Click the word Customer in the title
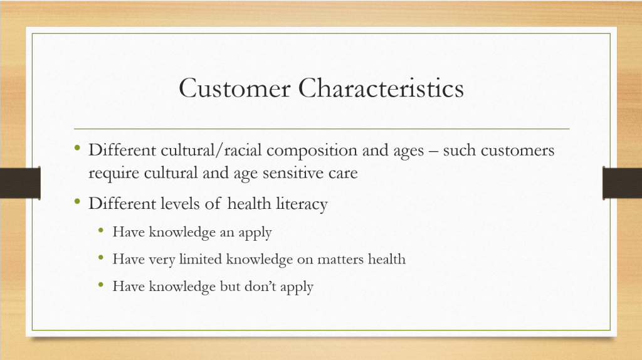click(x=234, y=88)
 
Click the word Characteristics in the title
click(x=381, y=88)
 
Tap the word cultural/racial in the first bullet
click(x=211, y=151)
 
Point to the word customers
click(x=517, y=151)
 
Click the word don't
click(x=260, y=286)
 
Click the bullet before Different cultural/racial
click(x=77, y=147)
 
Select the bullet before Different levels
click(x=77, y=201)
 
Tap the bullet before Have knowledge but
click(x=101, y=285)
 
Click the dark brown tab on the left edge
click(x=21, y=183)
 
